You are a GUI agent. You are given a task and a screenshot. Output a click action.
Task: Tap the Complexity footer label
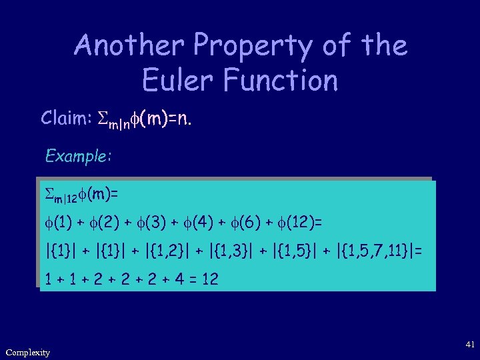click(x=27, y=352)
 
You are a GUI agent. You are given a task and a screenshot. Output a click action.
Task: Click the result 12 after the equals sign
click(x=209, y=279)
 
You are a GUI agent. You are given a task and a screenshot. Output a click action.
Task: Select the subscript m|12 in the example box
click(x=64, y=197)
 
